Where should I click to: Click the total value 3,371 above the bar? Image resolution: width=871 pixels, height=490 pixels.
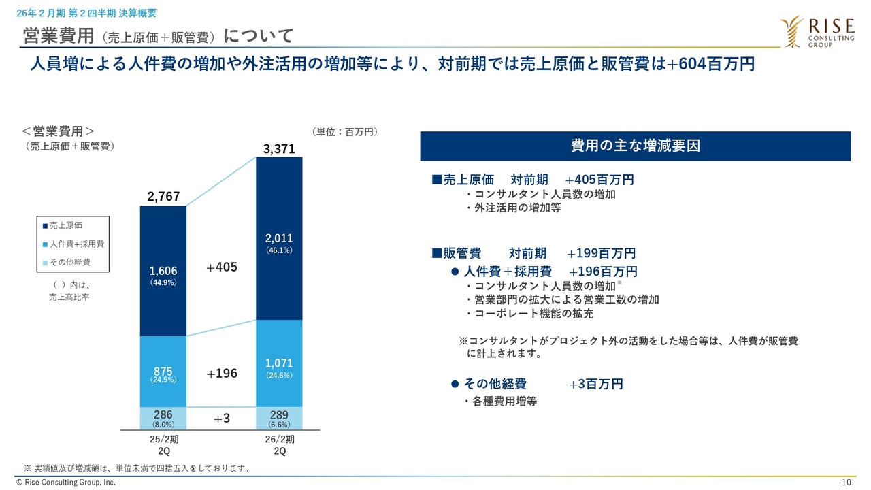[x=279, y=150]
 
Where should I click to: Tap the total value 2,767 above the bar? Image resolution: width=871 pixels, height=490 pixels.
[x=163, y=197]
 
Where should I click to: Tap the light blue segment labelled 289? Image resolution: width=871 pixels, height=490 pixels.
[x=279, y=419]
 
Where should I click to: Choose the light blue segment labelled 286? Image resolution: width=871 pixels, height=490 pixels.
[x=163, y=419]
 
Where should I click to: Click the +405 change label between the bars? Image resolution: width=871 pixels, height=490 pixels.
[x=222, y=267]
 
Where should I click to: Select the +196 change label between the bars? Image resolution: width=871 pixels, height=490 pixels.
[x=222, y=373]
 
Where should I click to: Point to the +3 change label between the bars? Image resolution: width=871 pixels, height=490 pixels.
[x=222, y=419]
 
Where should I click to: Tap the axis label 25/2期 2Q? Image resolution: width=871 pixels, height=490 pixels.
[x=164, y=445]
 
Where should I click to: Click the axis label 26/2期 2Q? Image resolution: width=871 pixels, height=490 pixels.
[x=280, y=445]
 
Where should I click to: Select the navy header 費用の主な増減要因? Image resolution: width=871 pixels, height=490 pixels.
[x=635, y=146]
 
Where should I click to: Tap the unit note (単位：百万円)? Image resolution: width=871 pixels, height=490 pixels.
[x=344, y=132]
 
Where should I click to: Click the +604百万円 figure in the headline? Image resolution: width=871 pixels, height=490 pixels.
[x=710, y=64]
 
